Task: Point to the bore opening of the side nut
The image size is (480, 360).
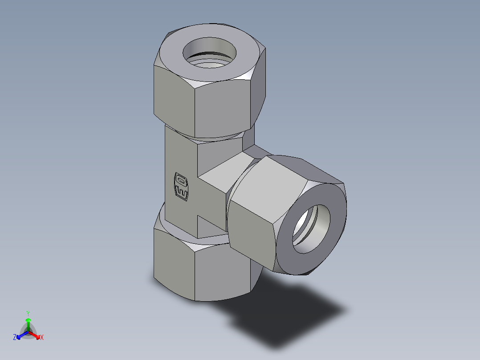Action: (x=311, y=229)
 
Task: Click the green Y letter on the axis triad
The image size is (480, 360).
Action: (x=28, y=313)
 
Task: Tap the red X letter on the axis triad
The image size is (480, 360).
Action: (x=41, y=338)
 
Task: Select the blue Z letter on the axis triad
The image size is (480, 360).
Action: (x=15, y=337)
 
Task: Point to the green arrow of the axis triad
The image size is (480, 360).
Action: (x=28, y=323)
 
